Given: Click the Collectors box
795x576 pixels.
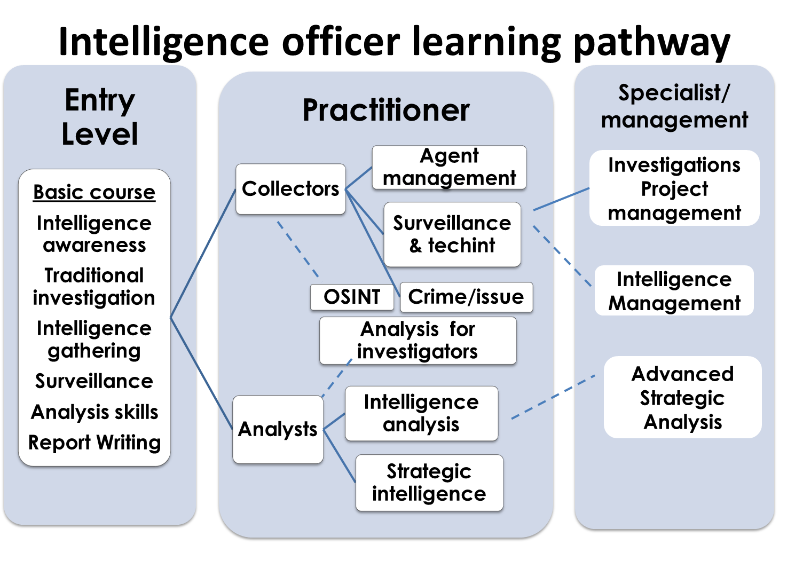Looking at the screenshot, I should click(x=290, y=189).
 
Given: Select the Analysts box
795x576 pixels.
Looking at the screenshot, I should click(x=278, y=429).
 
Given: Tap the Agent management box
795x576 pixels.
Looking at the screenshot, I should click(x=449, y=167).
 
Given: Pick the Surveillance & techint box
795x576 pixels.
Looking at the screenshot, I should click(x=452, y=234).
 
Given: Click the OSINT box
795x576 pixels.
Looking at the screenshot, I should click(x=352, y=297).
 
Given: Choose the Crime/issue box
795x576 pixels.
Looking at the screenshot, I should click(x=466, y=297).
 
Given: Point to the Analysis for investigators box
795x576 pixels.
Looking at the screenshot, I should click(x=418, y=341).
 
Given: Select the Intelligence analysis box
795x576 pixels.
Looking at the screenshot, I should click(x=421, y=413).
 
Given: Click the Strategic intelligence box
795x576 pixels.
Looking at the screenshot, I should click(x=429, y=483).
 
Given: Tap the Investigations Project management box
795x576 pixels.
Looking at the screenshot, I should click(x=674, y=188).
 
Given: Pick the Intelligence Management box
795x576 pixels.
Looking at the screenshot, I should click(x=674, y=291).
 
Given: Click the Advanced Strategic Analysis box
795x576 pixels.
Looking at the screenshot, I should click(x=682, y=398).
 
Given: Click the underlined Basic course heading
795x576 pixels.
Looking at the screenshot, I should click(x=94, y=192).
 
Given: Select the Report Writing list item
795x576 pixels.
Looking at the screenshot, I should click(x=95, y=443).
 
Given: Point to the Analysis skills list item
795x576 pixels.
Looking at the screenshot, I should click(x=95, y=412).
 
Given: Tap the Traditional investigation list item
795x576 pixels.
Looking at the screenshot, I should click(x=94, y=287).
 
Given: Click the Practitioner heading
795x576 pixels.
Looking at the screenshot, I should click(x=385, y=110).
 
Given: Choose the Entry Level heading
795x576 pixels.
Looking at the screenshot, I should click(x=100, y=117).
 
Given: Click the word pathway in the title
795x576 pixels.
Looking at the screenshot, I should click(x=651, y=43).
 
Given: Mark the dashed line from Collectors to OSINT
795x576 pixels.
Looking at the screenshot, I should click(x=297, y=249).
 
